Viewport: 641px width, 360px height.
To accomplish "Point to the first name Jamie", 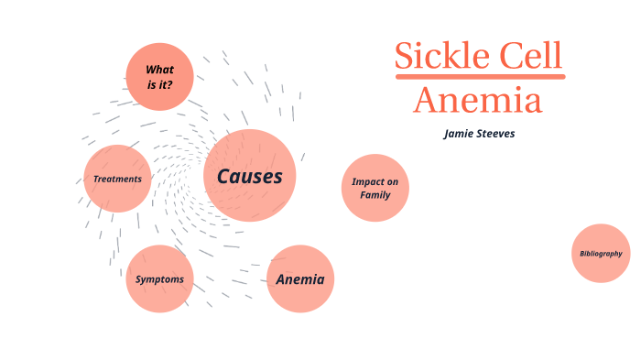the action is pos(460,133).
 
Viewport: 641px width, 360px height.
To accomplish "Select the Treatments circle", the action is pos(117,179).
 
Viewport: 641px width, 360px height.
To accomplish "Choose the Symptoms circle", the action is pos(159,278).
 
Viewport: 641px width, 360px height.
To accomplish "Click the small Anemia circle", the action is pos(300,278).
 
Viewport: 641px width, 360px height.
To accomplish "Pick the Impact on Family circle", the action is pos(375,188).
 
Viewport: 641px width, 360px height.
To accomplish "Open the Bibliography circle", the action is pos(601,253).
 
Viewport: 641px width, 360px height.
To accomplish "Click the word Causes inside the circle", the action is pos(249,176).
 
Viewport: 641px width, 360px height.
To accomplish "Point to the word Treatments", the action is pos(117,179).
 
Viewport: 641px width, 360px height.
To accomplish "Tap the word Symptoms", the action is pos(159,279).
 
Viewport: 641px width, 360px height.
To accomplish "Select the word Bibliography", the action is pos(601,253).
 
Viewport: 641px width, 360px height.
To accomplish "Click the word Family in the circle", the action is pos(375,194).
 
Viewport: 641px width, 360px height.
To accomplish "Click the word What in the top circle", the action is pos(160,70).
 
